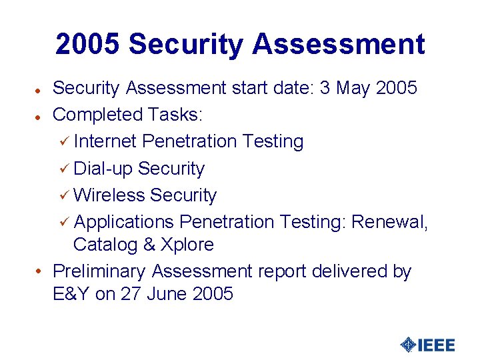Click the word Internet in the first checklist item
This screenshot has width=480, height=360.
tap(105, 141)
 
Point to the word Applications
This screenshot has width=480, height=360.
tap(124, 222)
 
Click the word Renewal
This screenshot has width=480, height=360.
tap(389, 222)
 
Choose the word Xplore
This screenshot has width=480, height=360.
tap(187, 245)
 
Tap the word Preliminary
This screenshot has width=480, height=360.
tap(99, 271)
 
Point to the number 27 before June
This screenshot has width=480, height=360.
tap(131, 294)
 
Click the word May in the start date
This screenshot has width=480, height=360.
tap(351, 88)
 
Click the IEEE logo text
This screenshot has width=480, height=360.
tap(437, 345)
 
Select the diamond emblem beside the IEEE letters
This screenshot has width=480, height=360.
tap(408, 345)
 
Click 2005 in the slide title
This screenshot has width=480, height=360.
tap(88, 45)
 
